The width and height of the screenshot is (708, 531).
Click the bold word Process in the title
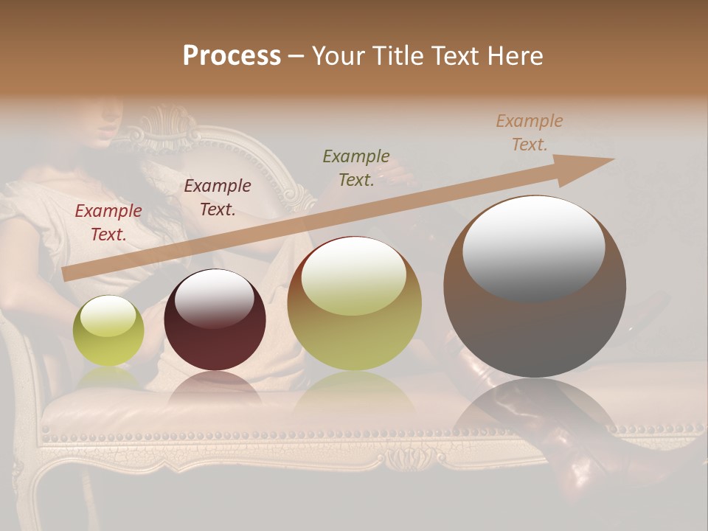(232, 56)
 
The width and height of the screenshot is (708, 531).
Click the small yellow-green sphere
(108, 330)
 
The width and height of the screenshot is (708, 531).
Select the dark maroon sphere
(215, 320)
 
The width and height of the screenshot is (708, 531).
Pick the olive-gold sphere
(354, 303)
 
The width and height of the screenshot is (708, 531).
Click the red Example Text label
(108, 223)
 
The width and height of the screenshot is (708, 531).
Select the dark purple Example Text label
(218, 198)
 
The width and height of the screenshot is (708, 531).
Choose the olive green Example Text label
(356, 168)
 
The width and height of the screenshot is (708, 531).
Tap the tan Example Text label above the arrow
(530, 133)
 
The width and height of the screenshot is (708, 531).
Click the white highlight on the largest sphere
(533, 249)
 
